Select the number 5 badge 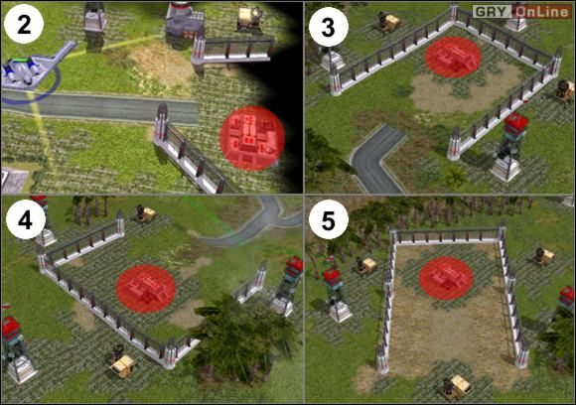(x=326, y=221)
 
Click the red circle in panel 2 (x=251, y=138)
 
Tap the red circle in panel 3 (x=454, y=58)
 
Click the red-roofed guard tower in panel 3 (x=511, y=145)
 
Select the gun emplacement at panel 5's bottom (x=458, y=385)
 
